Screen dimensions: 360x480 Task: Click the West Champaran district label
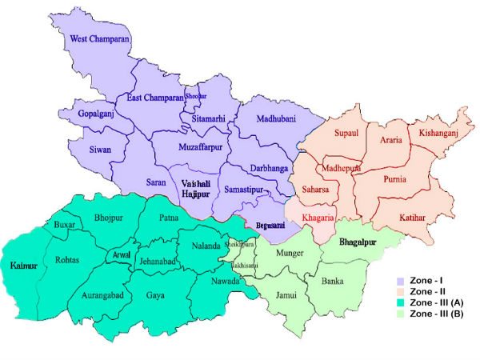click(x=100, y=38)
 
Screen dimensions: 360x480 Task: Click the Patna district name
click(x=169, y=217)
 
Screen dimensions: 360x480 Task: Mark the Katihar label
click(x=414, y=217)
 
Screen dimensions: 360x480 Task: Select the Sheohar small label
click(x=196, y=96)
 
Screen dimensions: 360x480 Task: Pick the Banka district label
click(x=332, y=282)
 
